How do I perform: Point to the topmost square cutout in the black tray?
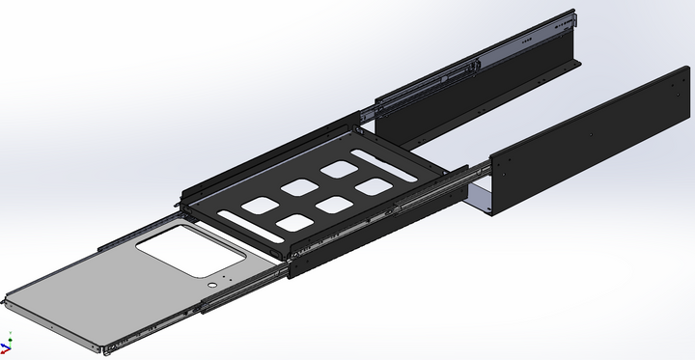(339, 169)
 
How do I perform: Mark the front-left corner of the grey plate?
(8, 299)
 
